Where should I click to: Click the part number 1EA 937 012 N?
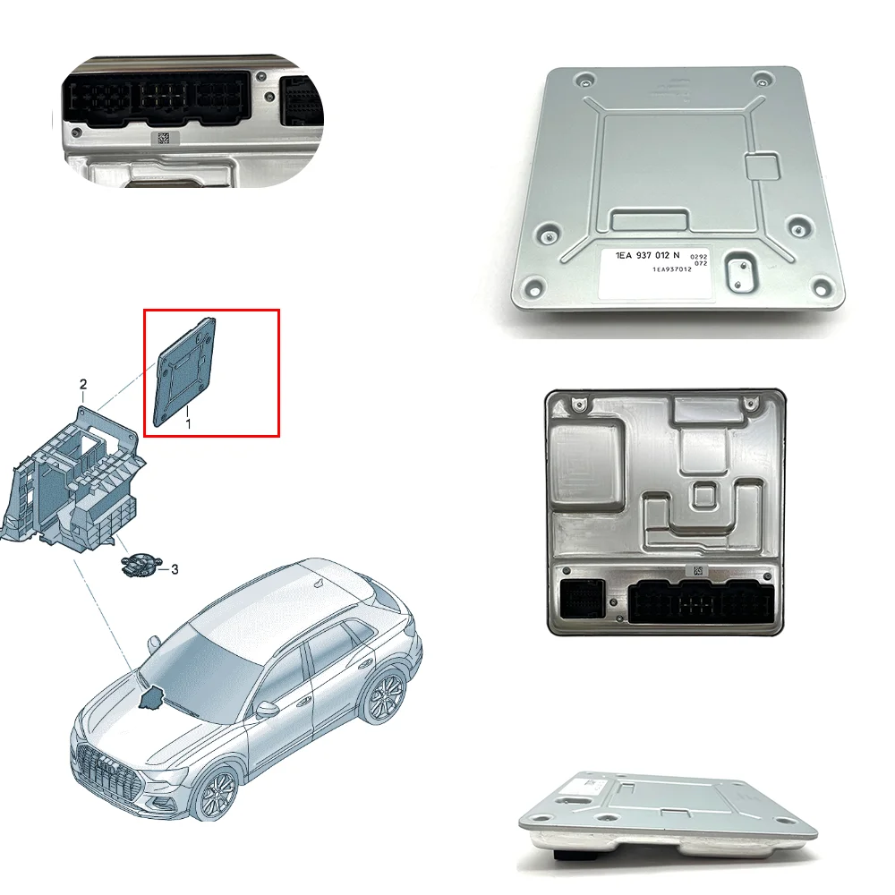pos(653,256)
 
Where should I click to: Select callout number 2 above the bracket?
pos(83,385)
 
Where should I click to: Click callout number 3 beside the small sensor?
pos(175,569)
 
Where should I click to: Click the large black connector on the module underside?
pos(698,600)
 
